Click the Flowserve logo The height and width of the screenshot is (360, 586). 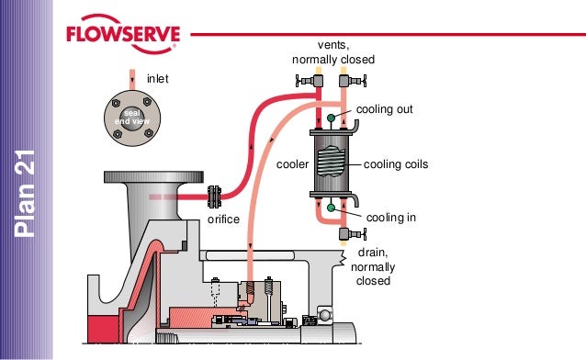[x=123, y=34]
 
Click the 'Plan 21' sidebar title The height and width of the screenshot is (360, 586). [x=25, y=193]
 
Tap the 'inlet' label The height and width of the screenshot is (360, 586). [x=158, y=79]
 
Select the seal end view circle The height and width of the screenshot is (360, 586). [x=132, y=118]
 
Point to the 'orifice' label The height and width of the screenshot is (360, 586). [x=223, y=219]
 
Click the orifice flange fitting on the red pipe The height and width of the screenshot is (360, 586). [x=214, y=197]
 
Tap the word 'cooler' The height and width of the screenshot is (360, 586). [x=292, y=164]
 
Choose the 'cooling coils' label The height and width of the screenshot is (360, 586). [x=396, y=164]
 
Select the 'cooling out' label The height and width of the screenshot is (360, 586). [x=384, y=109]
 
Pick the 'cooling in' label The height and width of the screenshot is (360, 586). [x=391, y=218]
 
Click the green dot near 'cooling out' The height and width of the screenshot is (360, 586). [x=331, y=118]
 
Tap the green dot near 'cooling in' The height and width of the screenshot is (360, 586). [x=331, y=208]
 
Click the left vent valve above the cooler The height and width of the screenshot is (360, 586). [x=310, y=81]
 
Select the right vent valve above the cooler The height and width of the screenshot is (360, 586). [x=353, y=81]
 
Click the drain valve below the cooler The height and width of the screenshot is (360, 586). [x=353, y=234]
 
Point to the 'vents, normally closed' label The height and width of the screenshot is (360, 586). [x=333, y=52]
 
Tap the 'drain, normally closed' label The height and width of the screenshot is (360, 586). [x=373, y=267]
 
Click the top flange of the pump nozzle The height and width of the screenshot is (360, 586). [x=153, y=177]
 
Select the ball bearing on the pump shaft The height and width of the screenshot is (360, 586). [x=324, y=315]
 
